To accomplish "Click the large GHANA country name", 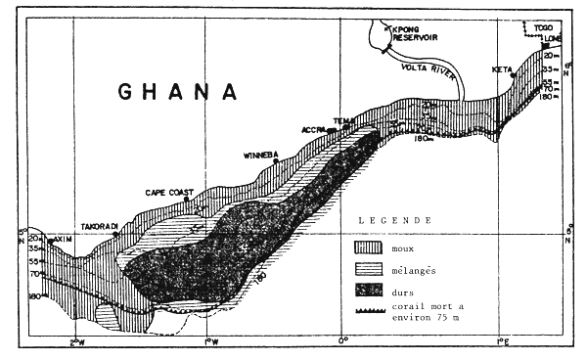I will point(179,91).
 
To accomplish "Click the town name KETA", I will point(501,69).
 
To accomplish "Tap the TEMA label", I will point(341,121).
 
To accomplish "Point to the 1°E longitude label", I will point(500,341).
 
